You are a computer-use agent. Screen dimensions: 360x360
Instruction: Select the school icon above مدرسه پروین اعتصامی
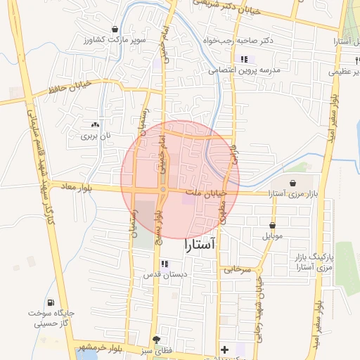point(244,59)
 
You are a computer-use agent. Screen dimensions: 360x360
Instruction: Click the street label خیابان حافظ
point(68,91)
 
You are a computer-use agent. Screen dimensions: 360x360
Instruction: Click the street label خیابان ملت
point(206,193)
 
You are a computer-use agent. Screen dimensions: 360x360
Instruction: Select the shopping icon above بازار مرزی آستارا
point(292,182)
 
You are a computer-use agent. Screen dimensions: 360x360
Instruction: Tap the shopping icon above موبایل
point(272,225)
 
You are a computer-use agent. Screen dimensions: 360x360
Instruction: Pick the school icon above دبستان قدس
point(164,264)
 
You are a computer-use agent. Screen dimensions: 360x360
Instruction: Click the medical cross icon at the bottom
point(224,349)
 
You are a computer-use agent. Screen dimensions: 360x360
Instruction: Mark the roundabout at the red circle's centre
point(162,189)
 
